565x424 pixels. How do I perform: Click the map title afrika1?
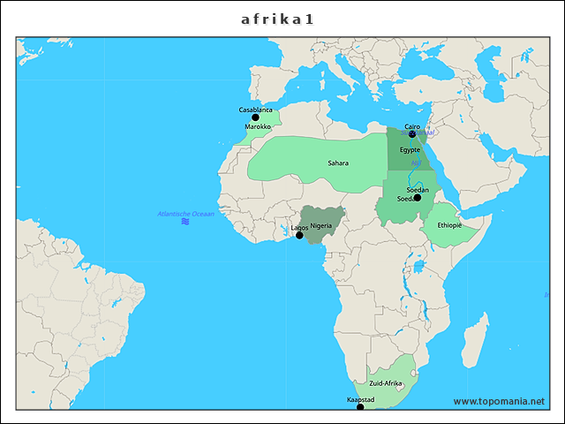coord(278,19)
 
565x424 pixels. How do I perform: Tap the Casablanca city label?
coord(256,110)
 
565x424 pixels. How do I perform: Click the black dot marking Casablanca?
coord(256,117)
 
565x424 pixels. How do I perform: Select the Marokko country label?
coord(258,127)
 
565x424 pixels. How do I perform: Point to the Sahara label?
coord(338,163)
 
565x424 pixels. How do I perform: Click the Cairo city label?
coord(412,127)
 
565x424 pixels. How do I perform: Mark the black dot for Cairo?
coord(412,134)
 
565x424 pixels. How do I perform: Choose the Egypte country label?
coord(410,150)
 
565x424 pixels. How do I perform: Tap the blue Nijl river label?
coord(416,163)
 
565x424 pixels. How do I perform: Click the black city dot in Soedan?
coord(418,198)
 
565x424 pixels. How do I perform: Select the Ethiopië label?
coord(449,225)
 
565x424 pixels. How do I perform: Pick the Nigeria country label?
coord(320,226)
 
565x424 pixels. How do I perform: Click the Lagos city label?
coord(299,228)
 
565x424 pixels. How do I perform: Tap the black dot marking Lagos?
coord(299,236)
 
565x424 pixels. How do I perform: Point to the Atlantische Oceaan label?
coord(185,214)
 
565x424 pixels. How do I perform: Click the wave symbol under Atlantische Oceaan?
coord(185,222)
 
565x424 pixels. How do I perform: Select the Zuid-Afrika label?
coord(386,384)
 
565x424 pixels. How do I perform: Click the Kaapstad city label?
coord(361,400)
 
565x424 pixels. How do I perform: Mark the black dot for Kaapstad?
coord(360,407)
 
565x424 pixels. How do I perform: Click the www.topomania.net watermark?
coord(499,402)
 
